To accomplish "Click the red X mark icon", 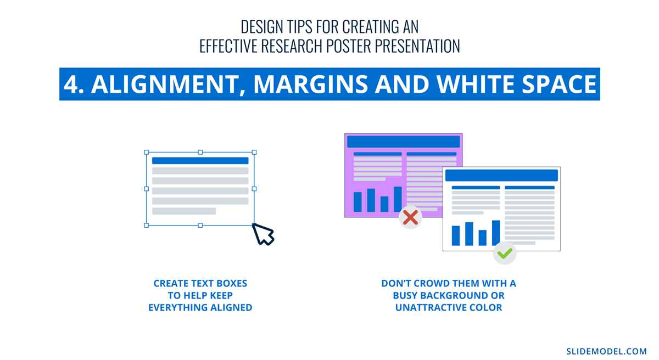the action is click(x=410, y=217).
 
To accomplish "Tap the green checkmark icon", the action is click(x=505, y=253).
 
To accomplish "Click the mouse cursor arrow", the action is click(x=263, y=234).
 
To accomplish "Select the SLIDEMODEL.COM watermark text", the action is click(x=606, y=351).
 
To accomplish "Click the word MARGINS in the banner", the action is click(x=310, y=85).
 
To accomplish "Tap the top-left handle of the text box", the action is click(x=146, y=152).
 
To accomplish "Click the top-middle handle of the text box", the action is click(x=200, y=152).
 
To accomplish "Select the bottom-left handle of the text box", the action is click(x=146, y=226).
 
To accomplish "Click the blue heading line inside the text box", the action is click(x=200, y=161).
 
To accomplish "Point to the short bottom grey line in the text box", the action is click(x=184, y=211).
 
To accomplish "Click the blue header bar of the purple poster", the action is click(x=403, y=142).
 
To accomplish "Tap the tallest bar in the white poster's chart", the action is click(x=496, y=233).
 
